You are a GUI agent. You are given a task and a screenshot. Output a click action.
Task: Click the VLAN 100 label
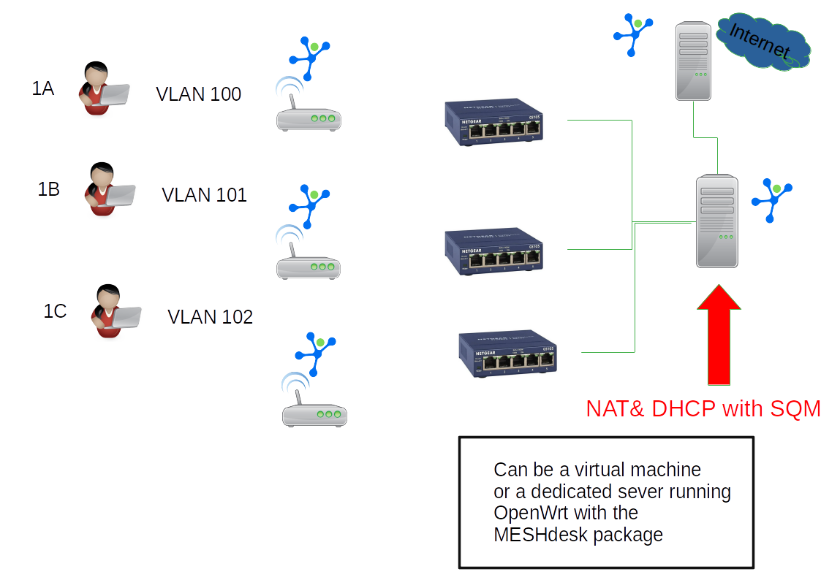[x=198, y=94]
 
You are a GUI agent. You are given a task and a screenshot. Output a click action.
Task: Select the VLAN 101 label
[x=204, y=195]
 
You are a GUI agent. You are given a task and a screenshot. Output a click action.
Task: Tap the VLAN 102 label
[x=210, y=317]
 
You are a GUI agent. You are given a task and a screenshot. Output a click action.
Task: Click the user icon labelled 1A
[x=102, y=89]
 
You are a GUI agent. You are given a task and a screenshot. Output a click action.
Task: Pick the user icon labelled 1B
[x=108, y=189]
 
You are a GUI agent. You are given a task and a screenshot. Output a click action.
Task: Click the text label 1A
[x=43, y=88]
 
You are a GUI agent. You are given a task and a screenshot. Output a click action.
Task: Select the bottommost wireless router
[x=314, y=409]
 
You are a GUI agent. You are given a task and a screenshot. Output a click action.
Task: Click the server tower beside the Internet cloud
[x=693, y=61]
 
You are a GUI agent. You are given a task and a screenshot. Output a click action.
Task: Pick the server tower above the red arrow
[x=716, y=221]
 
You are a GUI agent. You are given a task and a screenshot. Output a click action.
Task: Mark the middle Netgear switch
[x=494, y=251]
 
